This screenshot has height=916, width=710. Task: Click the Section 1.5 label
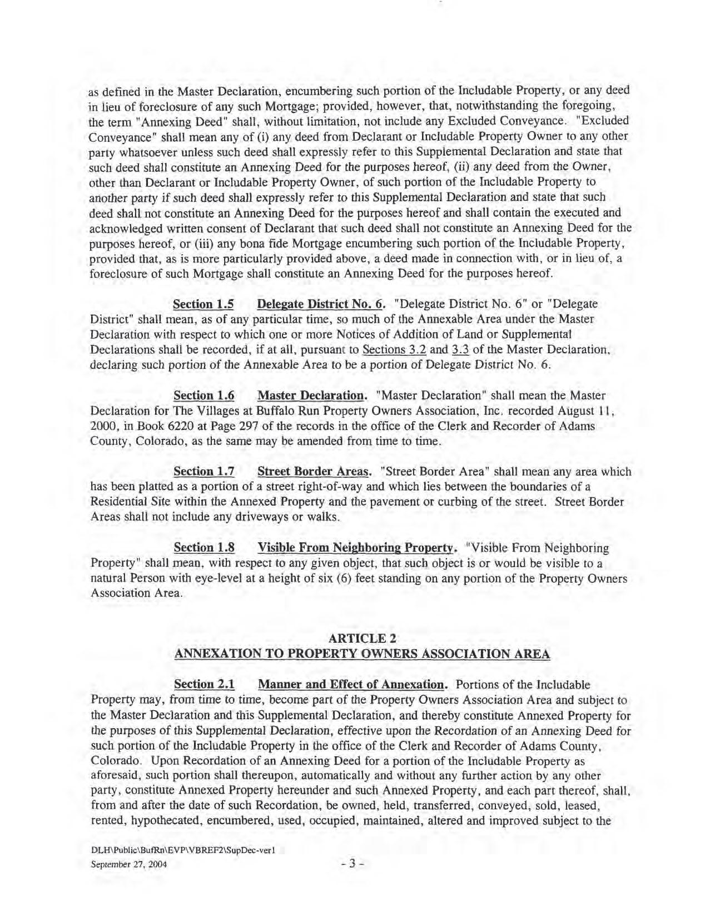(203, 304)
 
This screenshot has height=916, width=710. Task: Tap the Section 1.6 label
(203, 395)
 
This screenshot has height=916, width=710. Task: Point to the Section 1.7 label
(203, 472)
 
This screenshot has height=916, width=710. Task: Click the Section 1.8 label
(203, 548)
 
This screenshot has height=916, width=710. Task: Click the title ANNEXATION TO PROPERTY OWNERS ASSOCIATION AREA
(363, 654)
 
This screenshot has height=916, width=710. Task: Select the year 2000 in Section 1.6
(102, 427)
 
